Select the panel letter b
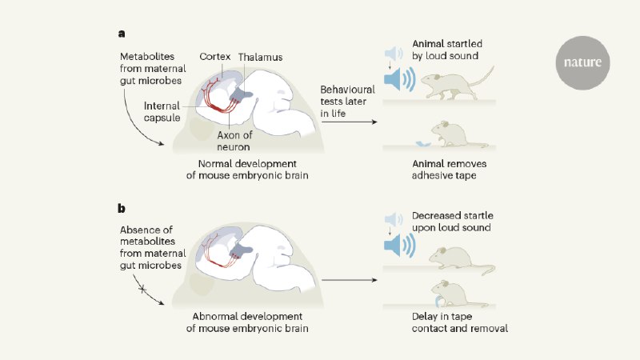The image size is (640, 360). point(122,208)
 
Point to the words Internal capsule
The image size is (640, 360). point(166,111)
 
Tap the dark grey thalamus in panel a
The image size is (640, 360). point(239,98)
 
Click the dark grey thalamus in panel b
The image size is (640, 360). point(239,258)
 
